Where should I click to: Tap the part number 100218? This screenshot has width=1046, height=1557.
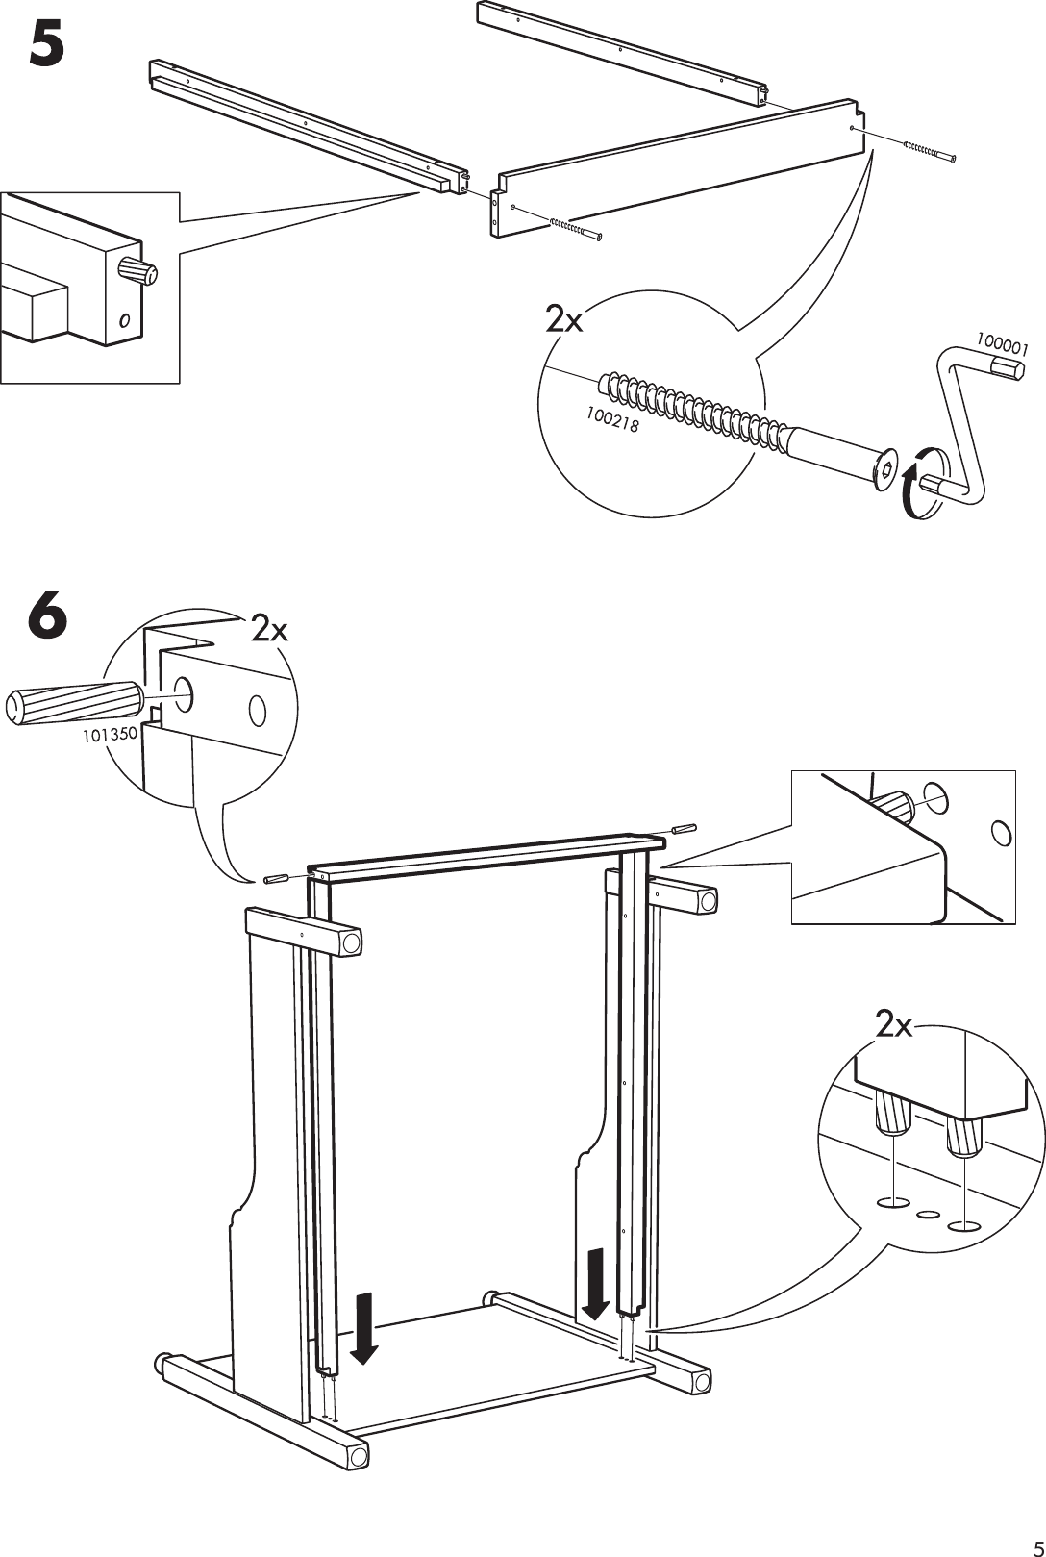[x=611, y=420]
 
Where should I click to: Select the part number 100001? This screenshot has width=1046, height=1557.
[x=1003, y=344]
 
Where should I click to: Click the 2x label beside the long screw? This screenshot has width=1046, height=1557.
[x=564, y=319]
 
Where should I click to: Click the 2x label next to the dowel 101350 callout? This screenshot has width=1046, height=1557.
[x=270, y=629]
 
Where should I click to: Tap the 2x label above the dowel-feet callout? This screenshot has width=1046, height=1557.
[x=894, y=1026]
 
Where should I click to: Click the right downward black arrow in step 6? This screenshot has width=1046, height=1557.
[x=596, y=1284]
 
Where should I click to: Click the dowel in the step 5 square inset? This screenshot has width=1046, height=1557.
[x=137, y=270]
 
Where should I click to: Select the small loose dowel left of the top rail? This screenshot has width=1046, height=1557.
[x=274, y=877]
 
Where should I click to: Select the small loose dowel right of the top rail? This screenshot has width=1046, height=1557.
[x=684, y=827]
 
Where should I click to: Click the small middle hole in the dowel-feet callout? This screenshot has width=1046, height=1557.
[x=928, y=1215]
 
